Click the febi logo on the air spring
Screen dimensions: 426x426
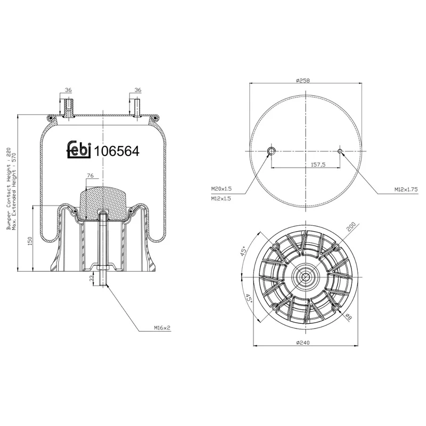tap(79, 149)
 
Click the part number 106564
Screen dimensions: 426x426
tap(117, 151)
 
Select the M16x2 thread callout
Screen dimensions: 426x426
tap(162, 328)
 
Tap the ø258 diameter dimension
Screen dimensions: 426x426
tap(302, 80)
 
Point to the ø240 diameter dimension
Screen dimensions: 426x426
tap(302, 343)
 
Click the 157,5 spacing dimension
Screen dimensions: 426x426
tap(318, 165)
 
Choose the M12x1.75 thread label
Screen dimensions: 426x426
tap(406, 190)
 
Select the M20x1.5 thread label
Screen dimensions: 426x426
tap(222, 189)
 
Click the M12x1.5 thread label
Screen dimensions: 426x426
tap(221, 199)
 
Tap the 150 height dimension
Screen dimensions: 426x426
tap(30, 241)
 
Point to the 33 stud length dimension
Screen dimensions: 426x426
tap(92, 278)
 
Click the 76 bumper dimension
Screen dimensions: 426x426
tap(90, 176)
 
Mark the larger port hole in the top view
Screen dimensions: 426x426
tap(272, 151)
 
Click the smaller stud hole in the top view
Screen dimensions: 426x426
tap(340, 151)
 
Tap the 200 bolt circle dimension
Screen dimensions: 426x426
tap(351, 227)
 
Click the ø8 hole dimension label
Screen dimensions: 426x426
tap(349, 316)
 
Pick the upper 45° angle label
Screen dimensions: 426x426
tap(244, 251)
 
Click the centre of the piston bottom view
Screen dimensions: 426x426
tap(306, 277)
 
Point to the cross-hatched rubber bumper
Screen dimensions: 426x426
tap(103, 202)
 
